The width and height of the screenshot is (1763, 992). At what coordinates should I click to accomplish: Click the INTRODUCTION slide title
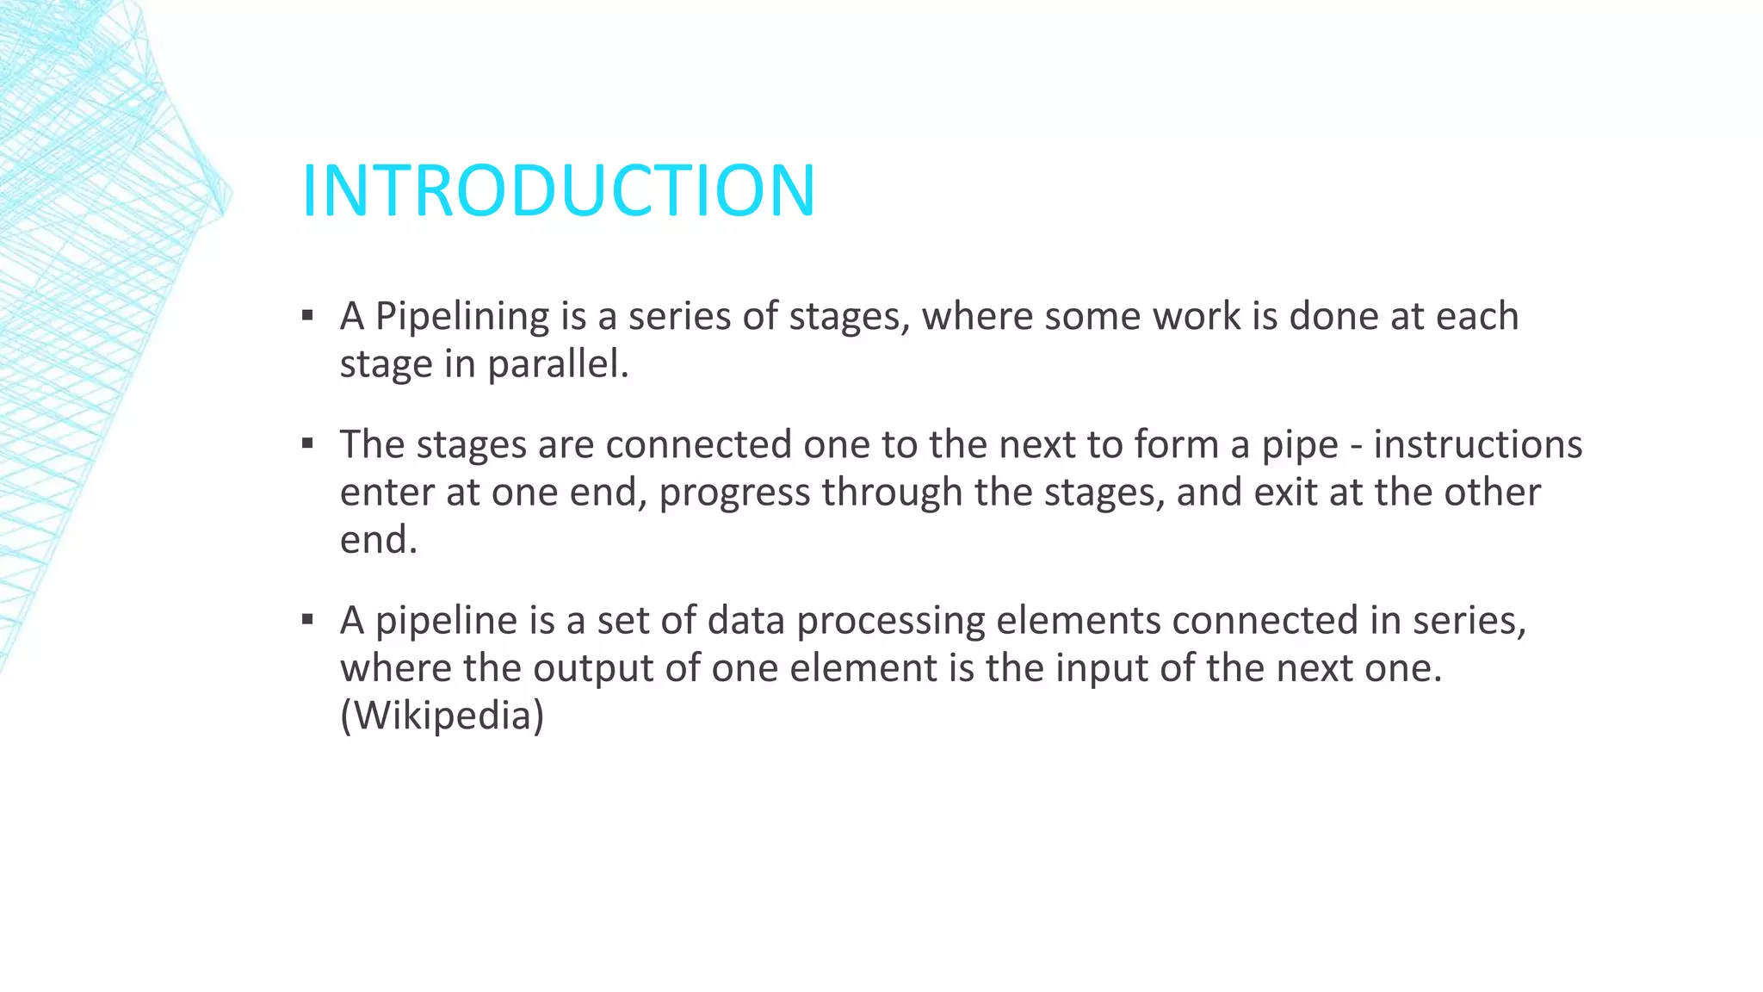click(x=558, y=190)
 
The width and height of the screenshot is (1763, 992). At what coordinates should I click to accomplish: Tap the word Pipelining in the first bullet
click(x=462, y=316)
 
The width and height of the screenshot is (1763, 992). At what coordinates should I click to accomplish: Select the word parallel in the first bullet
click(x=558, y=364)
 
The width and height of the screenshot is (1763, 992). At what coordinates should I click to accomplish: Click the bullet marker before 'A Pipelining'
click(x=307, y=315)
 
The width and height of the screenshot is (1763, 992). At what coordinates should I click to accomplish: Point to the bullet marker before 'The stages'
click(x=307, y=443)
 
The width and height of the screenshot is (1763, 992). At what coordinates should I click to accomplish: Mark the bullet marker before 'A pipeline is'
click(x=307, y=619)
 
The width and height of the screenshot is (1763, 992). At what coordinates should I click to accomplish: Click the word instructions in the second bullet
click(x=1477, y=444)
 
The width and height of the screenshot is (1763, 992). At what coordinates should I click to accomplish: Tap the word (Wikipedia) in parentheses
click(x=442, y=716)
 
